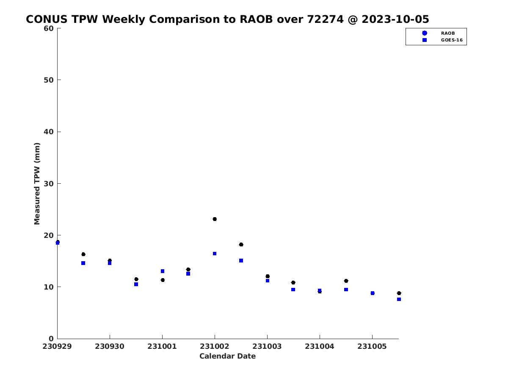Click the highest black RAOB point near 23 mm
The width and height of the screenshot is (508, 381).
coord(215,219)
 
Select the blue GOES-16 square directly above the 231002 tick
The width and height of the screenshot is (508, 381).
coord(215,254)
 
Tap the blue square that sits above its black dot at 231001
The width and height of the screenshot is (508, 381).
coord(163,271)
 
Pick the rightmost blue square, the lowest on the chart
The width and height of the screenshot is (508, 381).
coord(399,299)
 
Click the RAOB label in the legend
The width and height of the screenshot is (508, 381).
coord(448,33)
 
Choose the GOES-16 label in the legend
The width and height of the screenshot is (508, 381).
coord(452,40)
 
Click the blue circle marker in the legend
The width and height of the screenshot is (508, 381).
coord(425,33)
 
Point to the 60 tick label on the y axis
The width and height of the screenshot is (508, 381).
coord(49,28)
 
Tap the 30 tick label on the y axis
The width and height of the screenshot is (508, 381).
coord(49,184)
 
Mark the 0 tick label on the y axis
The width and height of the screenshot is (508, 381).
coord(51,339)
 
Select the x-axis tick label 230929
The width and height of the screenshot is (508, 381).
coord(57,347)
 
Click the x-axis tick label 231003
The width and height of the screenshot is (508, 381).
coord(267,347)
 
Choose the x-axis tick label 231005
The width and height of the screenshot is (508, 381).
coord(372,347)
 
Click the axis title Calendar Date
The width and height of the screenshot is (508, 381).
coord(227,356)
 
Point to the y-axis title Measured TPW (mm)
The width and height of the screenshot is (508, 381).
coord(37,184)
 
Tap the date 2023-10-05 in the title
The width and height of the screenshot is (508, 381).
coord(395,19)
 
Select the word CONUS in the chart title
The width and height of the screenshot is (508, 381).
coord(47,19)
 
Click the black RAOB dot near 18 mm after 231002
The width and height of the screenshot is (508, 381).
coord(241,245)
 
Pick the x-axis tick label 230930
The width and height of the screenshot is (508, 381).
coord(110,347)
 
